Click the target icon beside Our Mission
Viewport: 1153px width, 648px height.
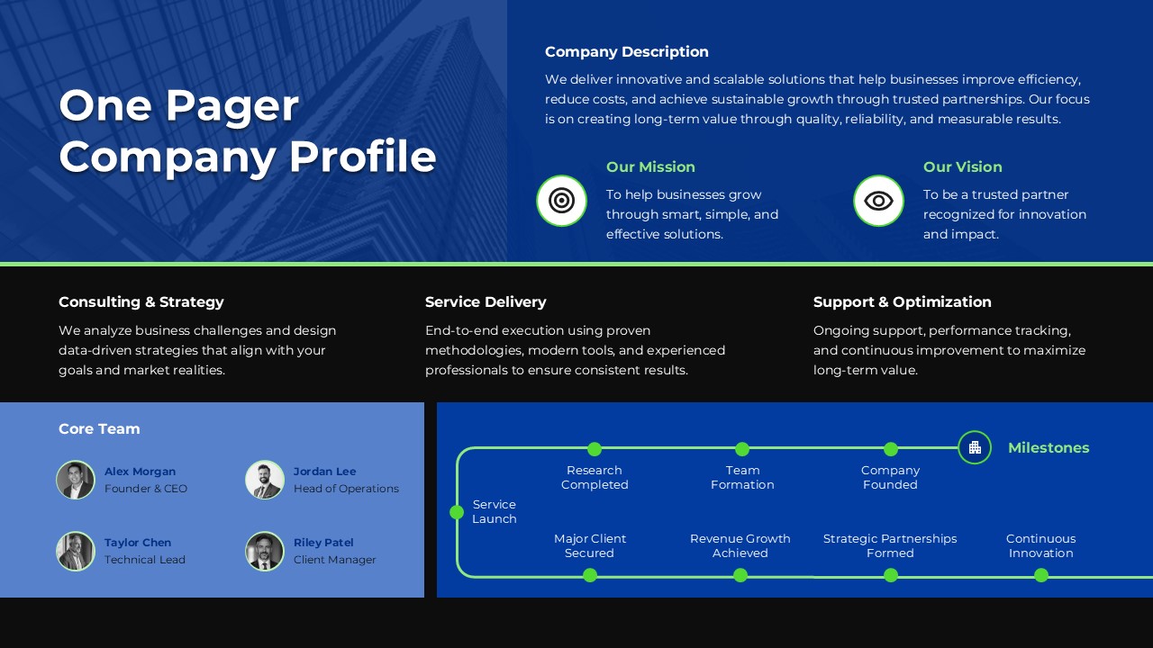[x=561, y=201]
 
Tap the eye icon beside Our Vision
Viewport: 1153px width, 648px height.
[x=878, y=201]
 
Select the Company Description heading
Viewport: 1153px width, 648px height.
[x=626, y=52]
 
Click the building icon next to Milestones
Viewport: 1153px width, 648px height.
[x=975, y=447]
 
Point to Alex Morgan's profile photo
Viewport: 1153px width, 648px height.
[x=76, y=480]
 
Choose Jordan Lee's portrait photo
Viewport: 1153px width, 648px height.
[x=265, y=480]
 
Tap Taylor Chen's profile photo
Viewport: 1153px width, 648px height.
[x=76, y=551]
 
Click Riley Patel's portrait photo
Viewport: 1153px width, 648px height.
[x=265, y=551]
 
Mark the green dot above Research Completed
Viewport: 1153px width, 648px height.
[x=595, y=449]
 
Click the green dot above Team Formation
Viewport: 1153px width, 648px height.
[x=742, y=449]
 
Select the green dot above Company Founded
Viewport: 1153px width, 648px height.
[x=891, y=449]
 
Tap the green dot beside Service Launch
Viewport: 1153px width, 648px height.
[x=457, y=512]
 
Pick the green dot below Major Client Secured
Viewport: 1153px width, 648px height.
[x=590, y=575]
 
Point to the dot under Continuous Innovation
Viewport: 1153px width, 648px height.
[x=1041, y=575]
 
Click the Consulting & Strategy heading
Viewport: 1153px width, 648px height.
[x=141, y=302]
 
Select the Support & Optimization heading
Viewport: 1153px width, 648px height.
[x=902, y=302]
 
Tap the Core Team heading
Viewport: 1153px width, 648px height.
[x=99, y=429]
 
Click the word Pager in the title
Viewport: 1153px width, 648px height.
[x=232, y=106]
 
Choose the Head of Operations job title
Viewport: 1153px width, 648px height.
[x=346, y=489]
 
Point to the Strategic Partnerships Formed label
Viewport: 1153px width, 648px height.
[x=890, y=545]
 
